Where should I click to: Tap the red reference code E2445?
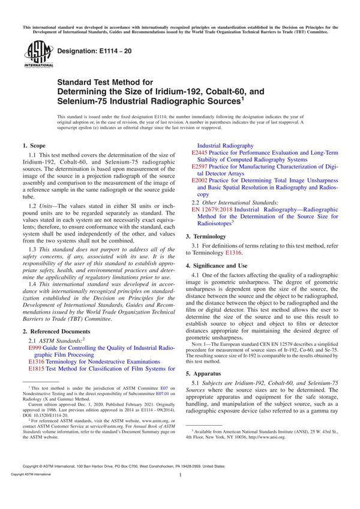point(201,153)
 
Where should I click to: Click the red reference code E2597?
point(201,167)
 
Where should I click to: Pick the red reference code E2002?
point(201,180)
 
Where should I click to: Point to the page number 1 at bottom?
point(180,491)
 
